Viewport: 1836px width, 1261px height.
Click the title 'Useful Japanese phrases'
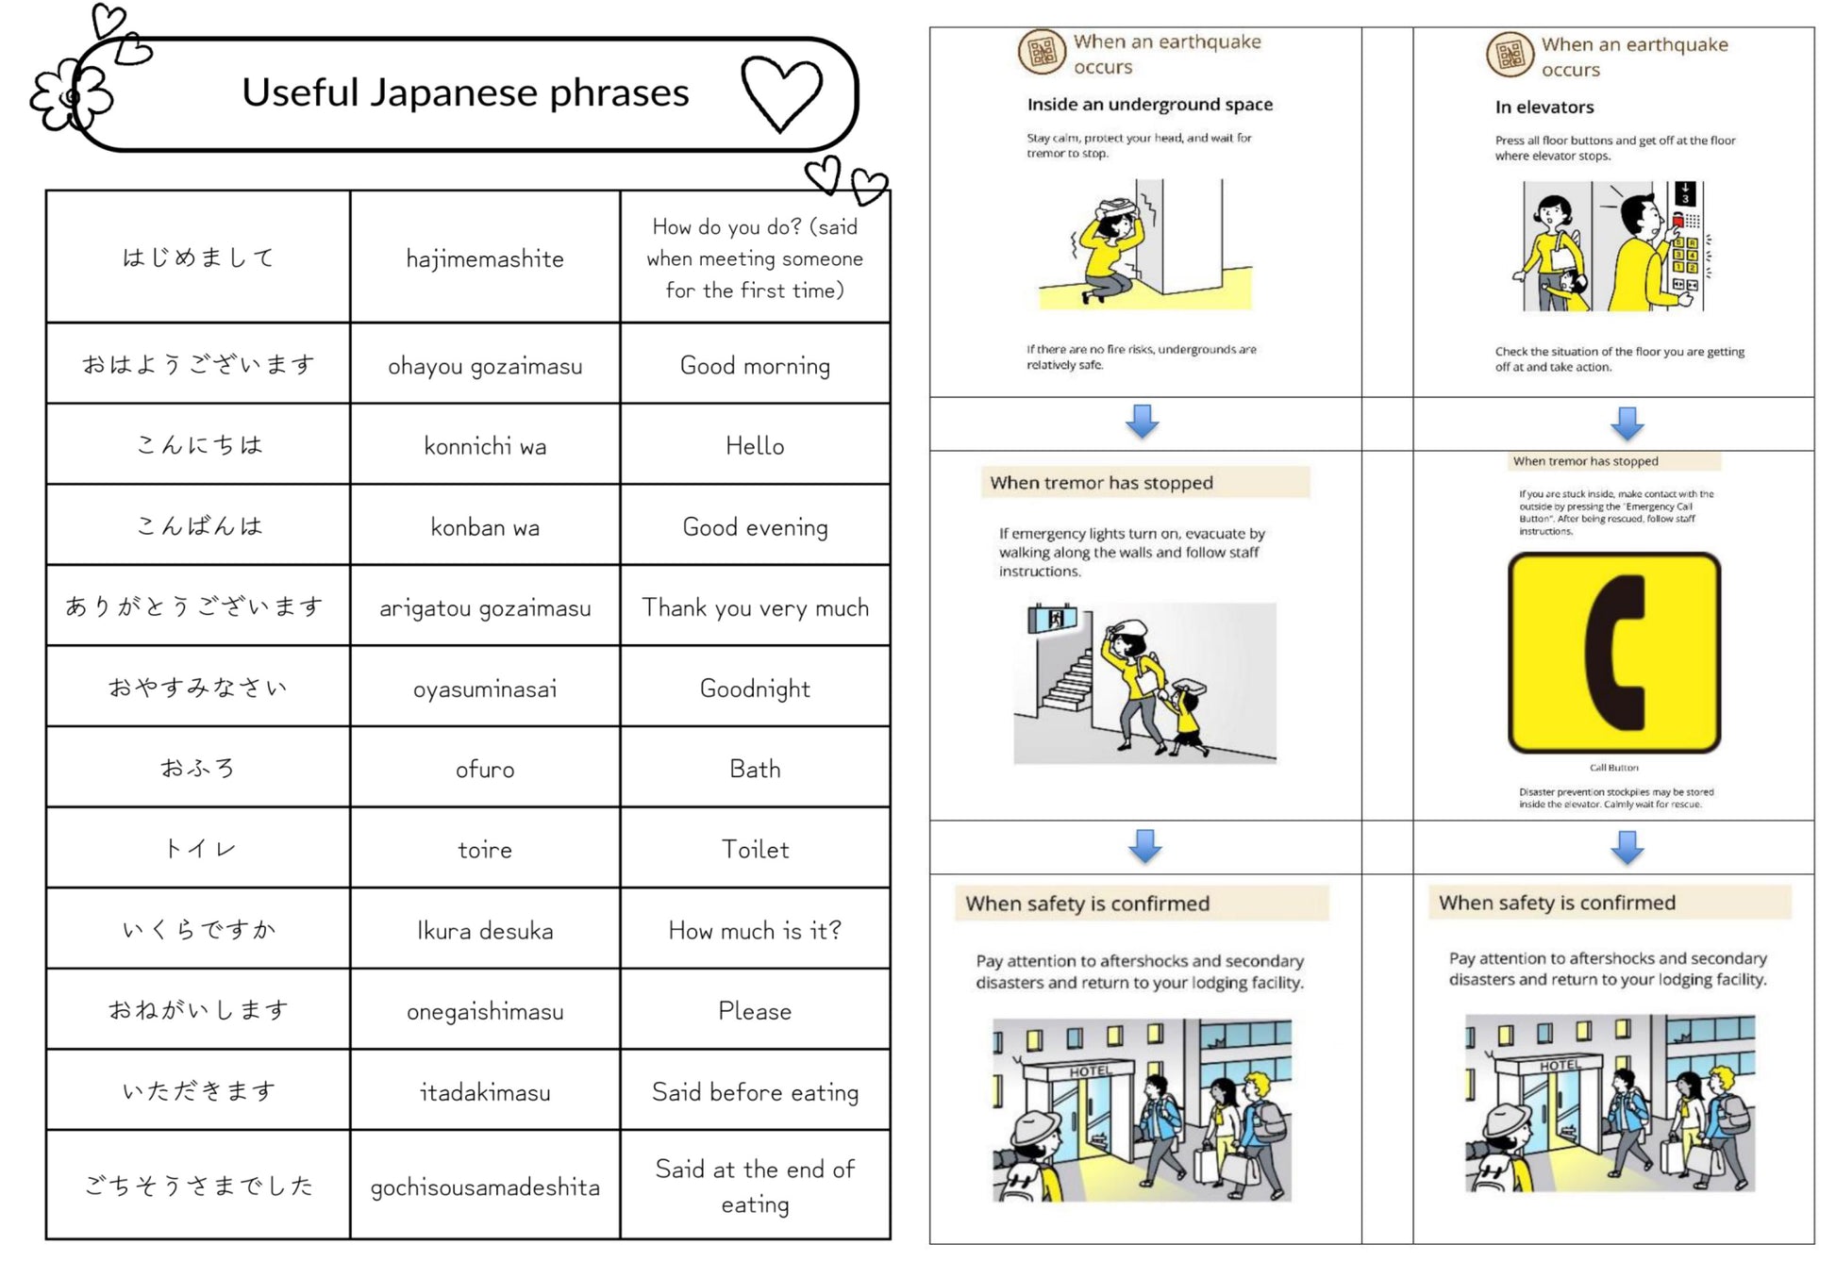click(x=465, y=92)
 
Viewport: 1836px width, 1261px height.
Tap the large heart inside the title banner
click(x=781, y=92)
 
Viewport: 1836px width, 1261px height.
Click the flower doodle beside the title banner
click(x=70, y=95)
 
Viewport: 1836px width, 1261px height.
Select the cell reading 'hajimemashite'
click(x=485, y=258)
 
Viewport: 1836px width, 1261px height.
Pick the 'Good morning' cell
click(x=755, y=365)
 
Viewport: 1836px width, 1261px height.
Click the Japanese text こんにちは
click(x=198, y=445)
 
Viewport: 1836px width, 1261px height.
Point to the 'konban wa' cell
click(x=485, y=526)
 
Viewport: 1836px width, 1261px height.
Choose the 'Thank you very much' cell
click(x=755, y=607)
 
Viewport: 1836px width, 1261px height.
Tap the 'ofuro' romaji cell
click(x=485, y=769)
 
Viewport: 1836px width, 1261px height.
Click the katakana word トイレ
click(x=198, y=849)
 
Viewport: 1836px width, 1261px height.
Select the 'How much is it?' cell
click(x=755, y=930)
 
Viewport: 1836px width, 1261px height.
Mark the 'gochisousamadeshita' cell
click(x=485, y=1186)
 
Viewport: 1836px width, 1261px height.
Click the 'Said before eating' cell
click(x=755, y=1091)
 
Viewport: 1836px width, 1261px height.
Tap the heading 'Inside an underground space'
click(x=1149, y=105)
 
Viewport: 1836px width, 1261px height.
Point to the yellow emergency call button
click(x=1613, y=653)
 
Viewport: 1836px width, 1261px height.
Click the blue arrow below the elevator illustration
click(x=1627, y=423)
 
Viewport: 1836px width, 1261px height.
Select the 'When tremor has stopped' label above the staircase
click(x=1101, y=483)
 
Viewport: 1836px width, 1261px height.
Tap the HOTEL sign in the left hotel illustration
click(x=1090, y=1071)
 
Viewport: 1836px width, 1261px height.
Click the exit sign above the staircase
click(x=1052, y=620)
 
